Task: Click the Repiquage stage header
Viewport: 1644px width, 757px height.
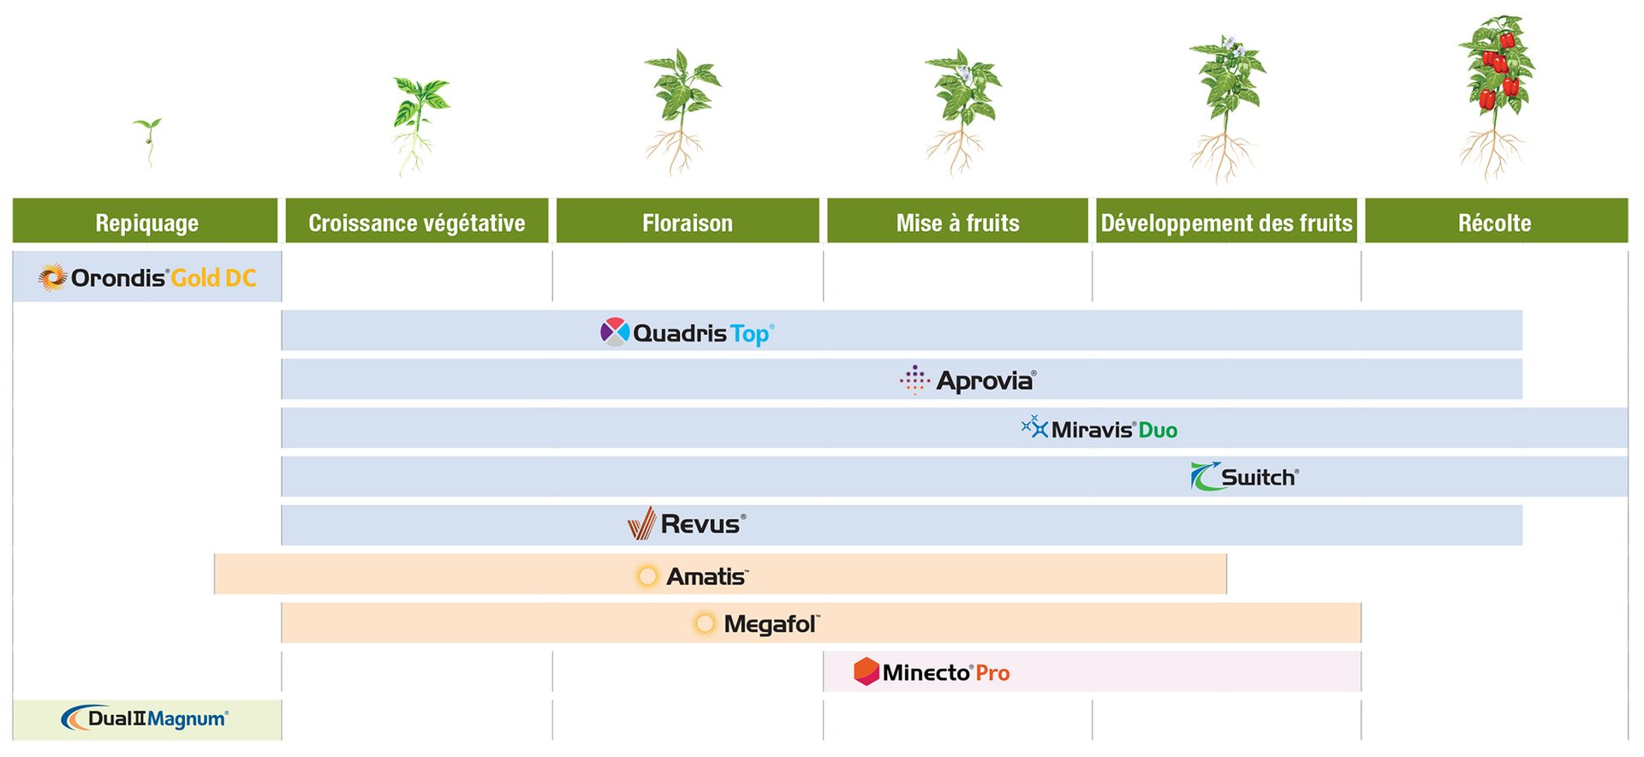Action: (146, 222)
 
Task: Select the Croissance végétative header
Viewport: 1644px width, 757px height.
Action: (417, 222)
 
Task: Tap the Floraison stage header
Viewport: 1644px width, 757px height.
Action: (688, 222)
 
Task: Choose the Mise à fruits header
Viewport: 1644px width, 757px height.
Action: (957, 222)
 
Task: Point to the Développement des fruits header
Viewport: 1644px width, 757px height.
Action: (1226, 222)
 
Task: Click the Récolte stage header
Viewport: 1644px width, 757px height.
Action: (1495, 222)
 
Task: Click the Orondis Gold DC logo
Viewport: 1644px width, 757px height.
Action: (147, 277)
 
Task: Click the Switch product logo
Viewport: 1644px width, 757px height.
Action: (1245, 477)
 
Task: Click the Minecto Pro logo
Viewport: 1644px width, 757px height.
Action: (932, 672)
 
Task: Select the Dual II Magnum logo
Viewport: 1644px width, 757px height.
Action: (146, 718)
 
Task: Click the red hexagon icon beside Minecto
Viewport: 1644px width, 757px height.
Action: (867, 671)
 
